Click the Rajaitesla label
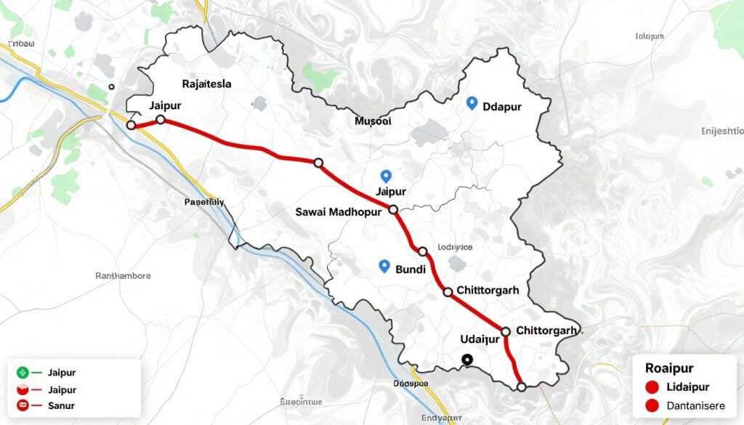[207, 84]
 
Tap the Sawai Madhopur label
[340, 212]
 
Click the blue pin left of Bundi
[385, 266]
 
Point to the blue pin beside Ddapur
[472, 103]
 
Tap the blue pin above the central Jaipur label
[386, 175]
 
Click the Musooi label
[372, 121]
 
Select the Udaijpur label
[480, 339]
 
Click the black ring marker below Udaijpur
[467, 358]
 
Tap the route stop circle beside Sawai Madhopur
[394, 209]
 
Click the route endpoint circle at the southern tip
[521, 386]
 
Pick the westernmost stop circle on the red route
[131, 126]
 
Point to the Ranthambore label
[124, 276]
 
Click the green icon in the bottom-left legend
[22, 373]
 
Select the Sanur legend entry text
[61, 405]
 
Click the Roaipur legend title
[668, 368]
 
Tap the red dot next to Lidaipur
[651, 387]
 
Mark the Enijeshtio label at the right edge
[722, 131]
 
